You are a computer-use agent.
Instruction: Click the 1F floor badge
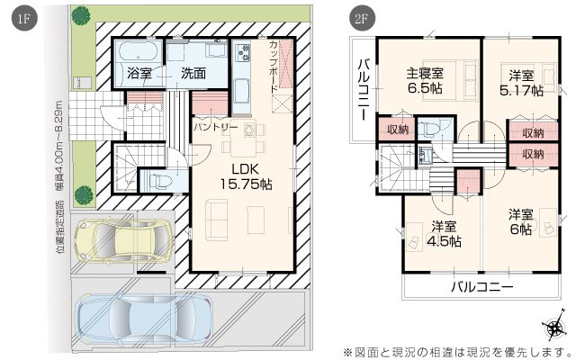pyautogui.click(x=24, y=18)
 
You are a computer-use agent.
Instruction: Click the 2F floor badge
pyautogui.click(x=362, y=18)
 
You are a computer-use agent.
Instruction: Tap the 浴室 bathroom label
pyautogui.click(x=139, y=74)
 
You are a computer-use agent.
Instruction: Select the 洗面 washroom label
pyautogui.click(x=193, y=74)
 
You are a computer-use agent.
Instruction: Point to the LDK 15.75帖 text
pyautogui.click(x=246, y=176)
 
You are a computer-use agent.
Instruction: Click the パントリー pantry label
pyautogui.click(x=216, y=128)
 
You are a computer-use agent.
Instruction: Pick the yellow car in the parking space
pyautogui.click(x=124, y=240)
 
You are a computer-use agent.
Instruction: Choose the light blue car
pyautogui.click(x=144, y=319)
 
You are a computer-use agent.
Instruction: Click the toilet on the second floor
pyautogui.click(x=429, y=129)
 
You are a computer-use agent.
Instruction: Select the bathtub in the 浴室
pyautogui.click(x=139, y=52)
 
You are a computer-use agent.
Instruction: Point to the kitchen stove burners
pyautogui.click(x=242, y=52)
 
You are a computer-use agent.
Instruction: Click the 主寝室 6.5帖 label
pyautogui.click(x=425, y=81)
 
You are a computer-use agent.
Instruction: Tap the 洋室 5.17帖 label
pyautogui.click(x=521, y=83)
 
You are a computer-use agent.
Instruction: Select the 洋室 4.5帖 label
pyautogui.click(x=444, y=234)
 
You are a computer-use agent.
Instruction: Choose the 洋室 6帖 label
pyautogui.click(x=521, y=222)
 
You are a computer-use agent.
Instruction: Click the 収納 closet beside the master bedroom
pyautogui.click(x=398, y=130)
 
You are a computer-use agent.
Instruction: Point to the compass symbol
pyautogui.click(x=553, y=326)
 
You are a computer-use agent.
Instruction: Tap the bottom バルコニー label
pyautogui.click(x=482, y=286)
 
